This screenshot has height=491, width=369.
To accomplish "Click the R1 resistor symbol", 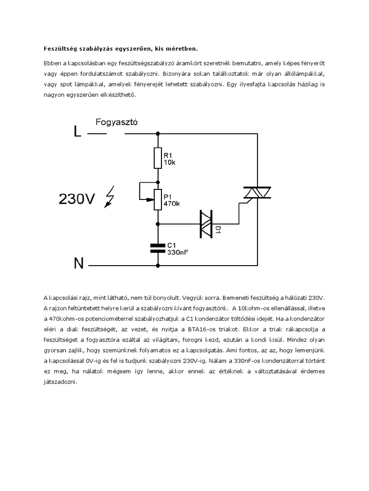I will (158, 158).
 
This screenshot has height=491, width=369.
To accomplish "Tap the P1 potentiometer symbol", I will (158, 199).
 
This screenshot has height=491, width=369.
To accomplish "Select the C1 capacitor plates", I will (158, 247).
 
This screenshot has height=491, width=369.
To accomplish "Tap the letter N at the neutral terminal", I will (78, 263).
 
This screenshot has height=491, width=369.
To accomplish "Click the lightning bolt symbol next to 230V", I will (110, 198).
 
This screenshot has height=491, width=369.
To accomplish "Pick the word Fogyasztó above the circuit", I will (117, 122).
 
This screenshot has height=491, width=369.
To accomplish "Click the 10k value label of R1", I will (169, 163).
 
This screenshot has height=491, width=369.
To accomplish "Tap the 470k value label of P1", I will (172, 203).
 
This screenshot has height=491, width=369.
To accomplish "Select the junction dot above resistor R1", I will (158, 134).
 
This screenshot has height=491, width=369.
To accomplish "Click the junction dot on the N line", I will (158, 265).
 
